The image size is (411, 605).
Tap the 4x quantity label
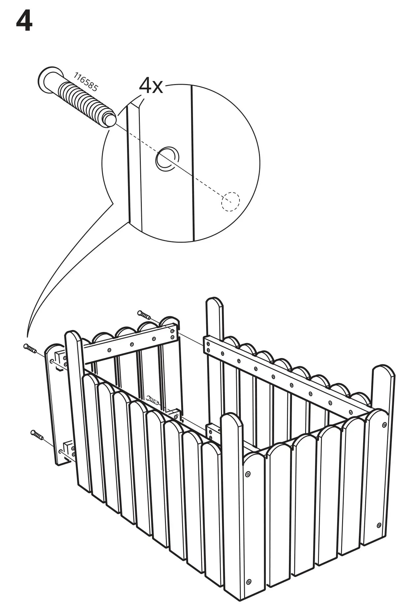(x=151, y=86)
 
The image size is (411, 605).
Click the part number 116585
(x=85, y=82)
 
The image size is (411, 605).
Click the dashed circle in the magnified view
(x=230, y=201)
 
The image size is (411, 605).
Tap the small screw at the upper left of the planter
(x=30, y=348)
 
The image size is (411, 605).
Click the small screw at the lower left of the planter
(x=37, y=435)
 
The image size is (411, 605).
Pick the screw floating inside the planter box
(x=153, y=400)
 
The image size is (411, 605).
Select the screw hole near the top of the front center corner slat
(x=248, y=474)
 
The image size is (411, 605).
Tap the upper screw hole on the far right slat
(x=384, y=425)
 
